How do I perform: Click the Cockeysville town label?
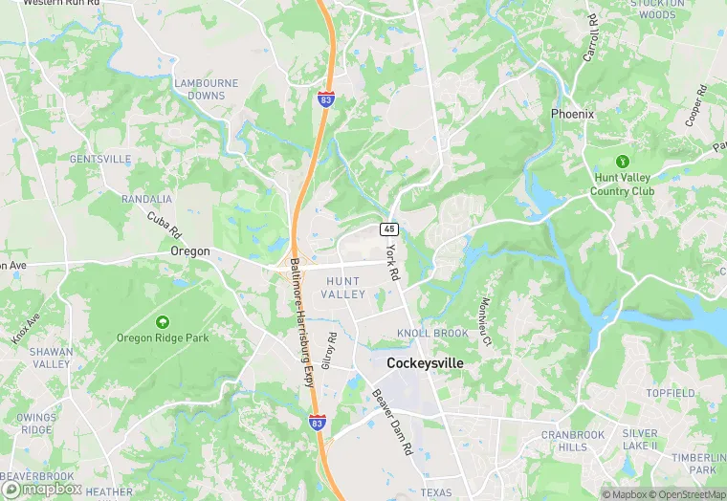point(425,363)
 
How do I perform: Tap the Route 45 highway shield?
point(388,229)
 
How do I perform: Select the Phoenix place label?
point(572,114)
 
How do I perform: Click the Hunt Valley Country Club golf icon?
point(623,162)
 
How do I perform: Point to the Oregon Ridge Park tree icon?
point(162,321)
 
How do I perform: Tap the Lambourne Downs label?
point(200,90)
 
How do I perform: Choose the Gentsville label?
point(100,159)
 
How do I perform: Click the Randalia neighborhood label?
point(146,199)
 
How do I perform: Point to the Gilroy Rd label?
point(329,351)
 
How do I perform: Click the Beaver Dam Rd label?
point(391,422)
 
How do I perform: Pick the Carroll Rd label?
point(592,38)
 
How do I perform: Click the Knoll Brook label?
point(432,333)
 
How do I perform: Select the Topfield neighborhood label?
point(670,393)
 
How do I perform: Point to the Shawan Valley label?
point(51,358)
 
